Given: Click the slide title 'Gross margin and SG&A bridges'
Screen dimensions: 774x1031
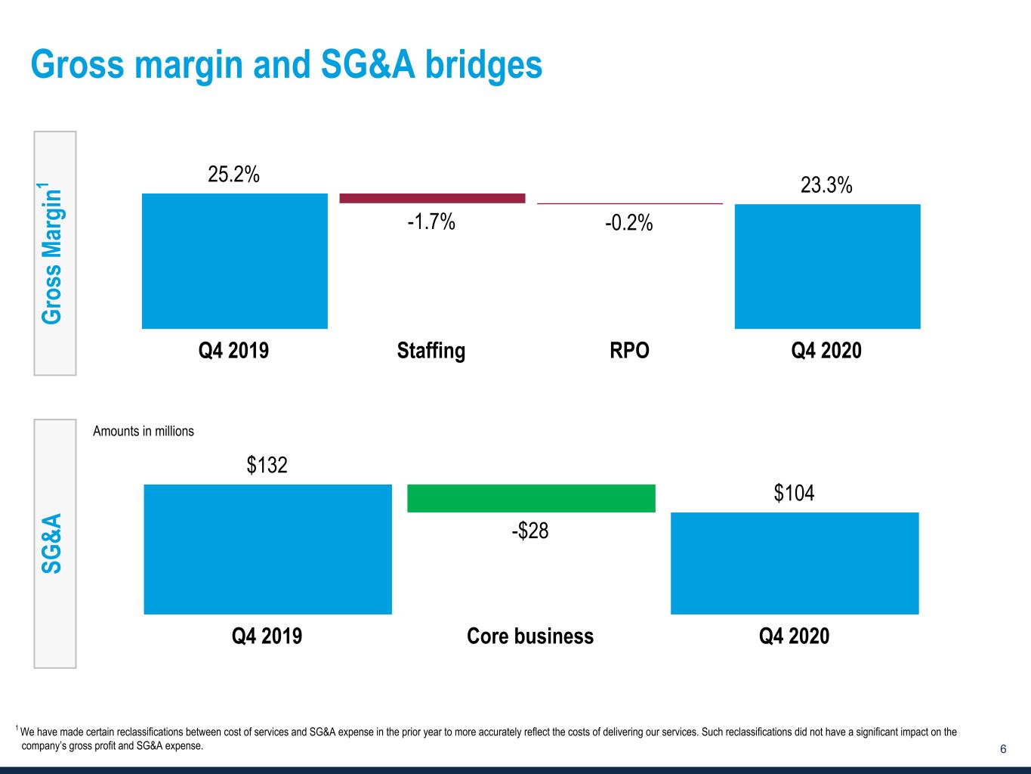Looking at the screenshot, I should (286, 65).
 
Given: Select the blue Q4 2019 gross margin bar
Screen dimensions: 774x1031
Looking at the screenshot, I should (234, 261).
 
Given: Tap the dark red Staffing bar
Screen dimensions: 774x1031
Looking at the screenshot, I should (432, 198).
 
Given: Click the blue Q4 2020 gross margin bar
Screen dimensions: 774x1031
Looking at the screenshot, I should (827, 266).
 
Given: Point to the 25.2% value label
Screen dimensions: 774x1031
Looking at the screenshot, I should (234, 175).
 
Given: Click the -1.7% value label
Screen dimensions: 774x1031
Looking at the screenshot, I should (431, 222).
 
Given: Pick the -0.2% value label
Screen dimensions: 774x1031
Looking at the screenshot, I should (629, 224).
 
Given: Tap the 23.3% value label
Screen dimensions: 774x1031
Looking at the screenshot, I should (826, 185).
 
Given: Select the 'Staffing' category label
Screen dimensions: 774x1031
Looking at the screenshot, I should (431, 351).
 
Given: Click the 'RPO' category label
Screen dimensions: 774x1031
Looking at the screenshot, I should (629, 351).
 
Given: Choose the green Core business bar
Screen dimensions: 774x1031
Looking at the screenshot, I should (531, 498).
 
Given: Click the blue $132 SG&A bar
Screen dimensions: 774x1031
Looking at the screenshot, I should (267, 549).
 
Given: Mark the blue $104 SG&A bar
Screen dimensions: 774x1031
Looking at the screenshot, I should (795, 563).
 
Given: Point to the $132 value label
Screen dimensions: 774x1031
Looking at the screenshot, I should (267, 465).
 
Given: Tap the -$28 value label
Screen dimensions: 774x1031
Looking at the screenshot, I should (530, 531).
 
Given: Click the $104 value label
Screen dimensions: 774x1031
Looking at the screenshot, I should (794, 494).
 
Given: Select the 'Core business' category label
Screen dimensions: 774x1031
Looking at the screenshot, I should (530, 636).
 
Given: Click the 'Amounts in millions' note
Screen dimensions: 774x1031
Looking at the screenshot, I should (144, 432).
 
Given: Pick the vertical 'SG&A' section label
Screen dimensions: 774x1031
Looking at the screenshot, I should (52, 543).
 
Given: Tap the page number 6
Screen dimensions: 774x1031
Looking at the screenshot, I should (1003, 749).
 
